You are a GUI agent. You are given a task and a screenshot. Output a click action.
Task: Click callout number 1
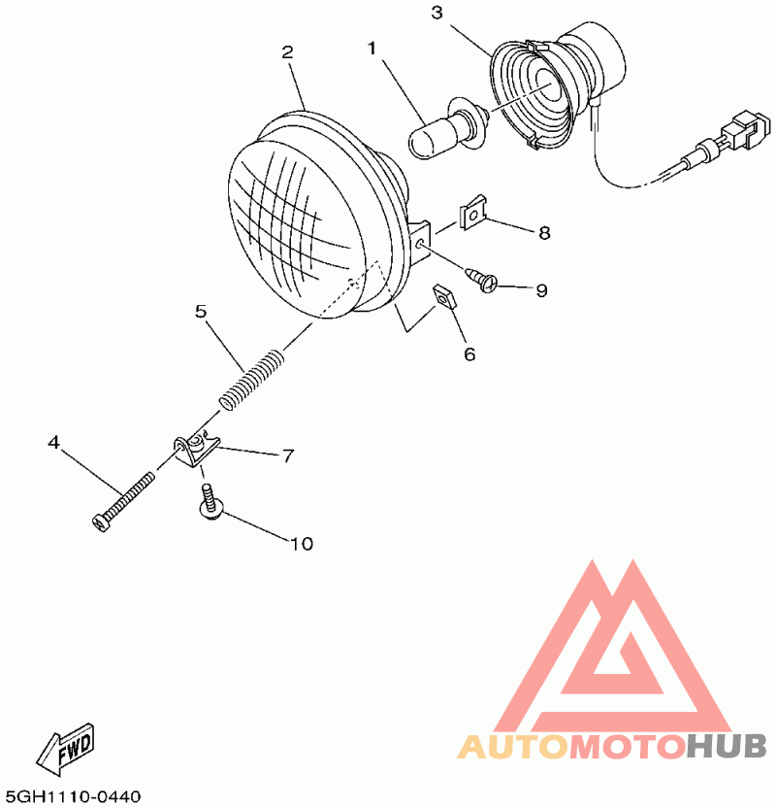click(x=371, y=47)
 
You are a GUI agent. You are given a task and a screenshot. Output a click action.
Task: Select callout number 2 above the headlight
click(x=287, y=52)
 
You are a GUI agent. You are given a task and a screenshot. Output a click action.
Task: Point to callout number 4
click(x=54, y=443)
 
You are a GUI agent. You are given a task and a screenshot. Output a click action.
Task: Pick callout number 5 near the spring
click(x=201, y=312)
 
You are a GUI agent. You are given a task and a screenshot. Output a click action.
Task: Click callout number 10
click(x=303, y=544)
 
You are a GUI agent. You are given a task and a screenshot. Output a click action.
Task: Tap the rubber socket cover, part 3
click(x=543, y=92)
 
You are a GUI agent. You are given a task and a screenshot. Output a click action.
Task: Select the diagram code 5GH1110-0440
click(x=73, y=796)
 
